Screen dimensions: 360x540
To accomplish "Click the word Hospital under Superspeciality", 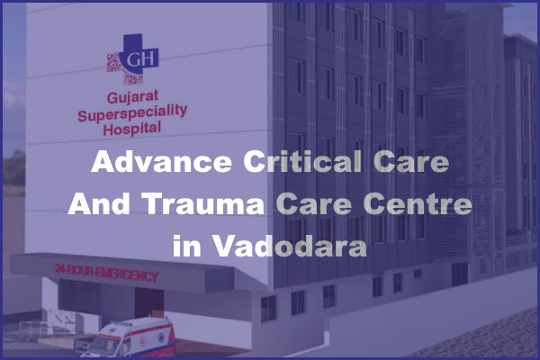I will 132,128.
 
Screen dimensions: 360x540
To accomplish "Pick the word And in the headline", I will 99,205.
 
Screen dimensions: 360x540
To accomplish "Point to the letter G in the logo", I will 127,58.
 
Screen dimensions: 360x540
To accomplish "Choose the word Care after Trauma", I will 310,205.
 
